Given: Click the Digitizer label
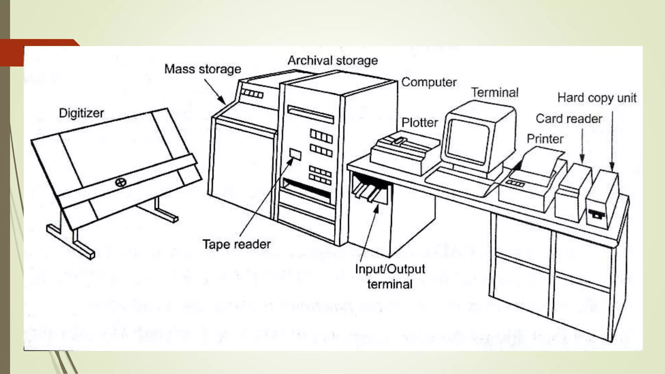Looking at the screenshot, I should pyautogui.click(x=81, y=113).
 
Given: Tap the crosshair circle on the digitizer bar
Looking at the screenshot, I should pyautogui.click(x=121, y=182).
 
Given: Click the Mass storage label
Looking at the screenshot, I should pyautogui.click(x=203, y=69).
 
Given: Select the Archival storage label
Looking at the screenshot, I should pyautogui.click(x=332, y=61).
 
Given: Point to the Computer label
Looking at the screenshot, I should pyautogui.click(x=429, y=82).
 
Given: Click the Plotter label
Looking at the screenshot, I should pyautogui.click(x=420, y=123).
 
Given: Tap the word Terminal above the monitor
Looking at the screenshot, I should pyautogui.click(x=495, y=93).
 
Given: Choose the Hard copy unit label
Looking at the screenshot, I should pyautogui.click(x=596, y=98).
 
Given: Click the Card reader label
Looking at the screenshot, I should pyautogui.click(x=569, y=119).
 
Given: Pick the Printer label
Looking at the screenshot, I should pyautogui.click(x=545, y=139).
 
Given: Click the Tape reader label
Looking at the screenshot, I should pyautogui.click(x=236, y=244).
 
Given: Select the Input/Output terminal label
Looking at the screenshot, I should pyautogui.click(x=390, y=277).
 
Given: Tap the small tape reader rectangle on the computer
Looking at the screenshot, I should pyautogui.click(x=295, y=155).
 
